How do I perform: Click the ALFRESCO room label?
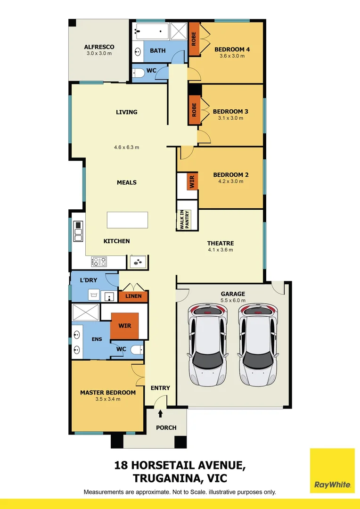click(x=99, y=47)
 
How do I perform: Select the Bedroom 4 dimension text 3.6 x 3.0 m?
click(x=232, y=56)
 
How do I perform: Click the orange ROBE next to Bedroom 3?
click(x=194, y=110)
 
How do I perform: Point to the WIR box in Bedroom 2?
click(x=192, y=182)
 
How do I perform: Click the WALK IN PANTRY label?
click(x=184, y=220)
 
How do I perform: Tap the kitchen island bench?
click(x=127, y=220)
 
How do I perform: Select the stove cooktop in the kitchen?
click(x=98, y=261)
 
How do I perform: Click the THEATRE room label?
click(x=220, y=243)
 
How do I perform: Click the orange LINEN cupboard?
click(x=133, y=296)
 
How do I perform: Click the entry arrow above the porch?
click(x=160, y=413)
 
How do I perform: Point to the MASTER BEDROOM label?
click(x=108, y=392)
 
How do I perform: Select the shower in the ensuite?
click(x=86, y=312)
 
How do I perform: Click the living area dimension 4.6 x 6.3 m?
click(x=126, y=147)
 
